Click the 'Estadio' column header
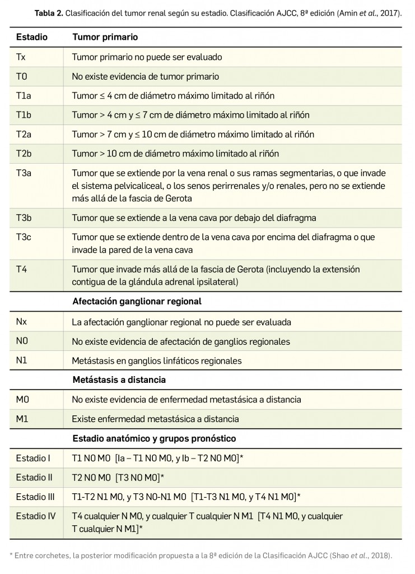(x=31, y=37)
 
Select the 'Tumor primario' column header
(x=105, y=37)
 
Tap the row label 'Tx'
(x=21, y=57)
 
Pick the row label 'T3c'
(x=23, y=238)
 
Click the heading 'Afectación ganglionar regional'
(x=137, y=301)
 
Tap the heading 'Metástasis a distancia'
(x=119, y=379)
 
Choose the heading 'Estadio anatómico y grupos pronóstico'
(x=154, y=438)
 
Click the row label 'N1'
(x=22, y=361)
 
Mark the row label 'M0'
(x=22, y=400)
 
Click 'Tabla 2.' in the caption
(x=48, y=12)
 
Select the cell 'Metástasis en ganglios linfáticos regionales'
(x=157, y=361)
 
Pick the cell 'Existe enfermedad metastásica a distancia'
(x=155, y=419)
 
